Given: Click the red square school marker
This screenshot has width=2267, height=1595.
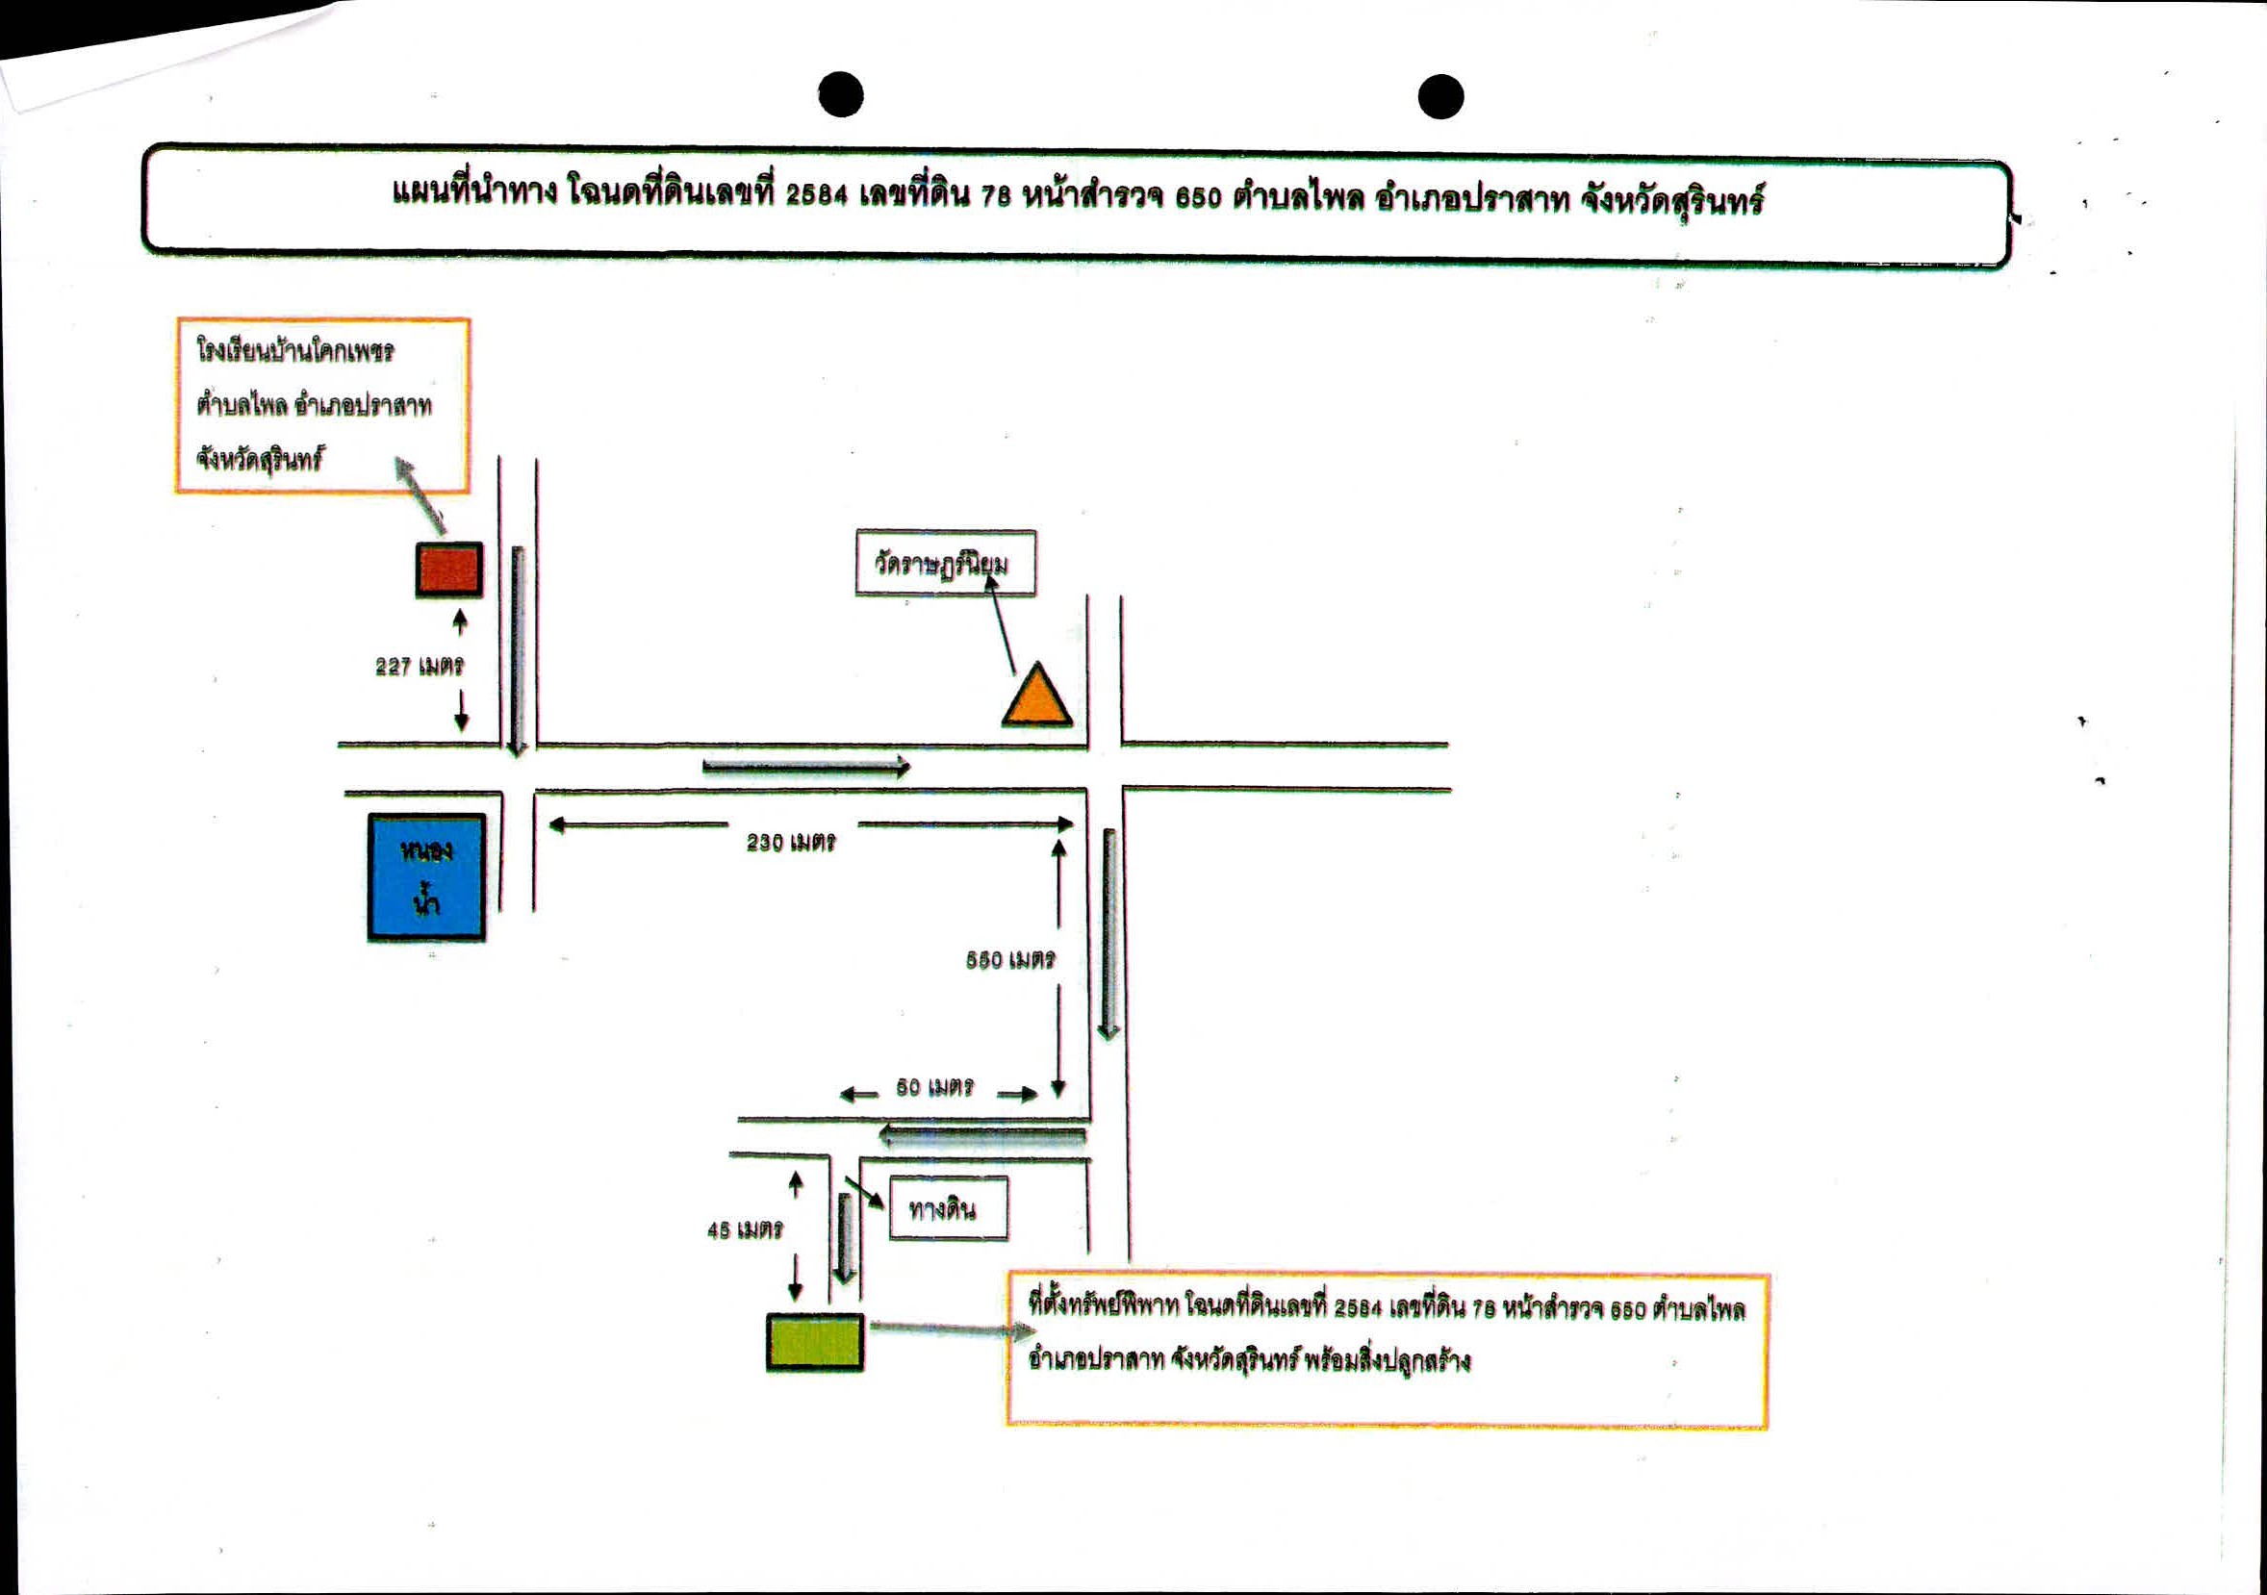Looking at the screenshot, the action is pos(449,570).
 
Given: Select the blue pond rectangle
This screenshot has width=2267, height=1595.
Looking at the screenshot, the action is pos(426,877).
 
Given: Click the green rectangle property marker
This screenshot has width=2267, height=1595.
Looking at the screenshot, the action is pos(816,1342).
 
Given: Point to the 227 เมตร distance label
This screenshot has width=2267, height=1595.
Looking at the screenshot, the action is pos(420,667).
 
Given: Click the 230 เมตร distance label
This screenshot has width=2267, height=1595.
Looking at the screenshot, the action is pos(791,842).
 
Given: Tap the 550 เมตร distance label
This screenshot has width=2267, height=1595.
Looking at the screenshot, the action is pos(1011,959).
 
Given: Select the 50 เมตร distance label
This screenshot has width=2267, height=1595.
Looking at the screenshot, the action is pos(935,1087).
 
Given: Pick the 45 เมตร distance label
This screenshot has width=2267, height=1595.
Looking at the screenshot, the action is pos(746,1229).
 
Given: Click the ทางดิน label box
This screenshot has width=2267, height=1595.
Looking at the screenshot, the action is pos(949,1208).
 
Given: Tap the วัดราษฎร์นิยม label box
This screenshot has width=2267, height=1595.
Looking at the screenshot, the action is pos(946,564).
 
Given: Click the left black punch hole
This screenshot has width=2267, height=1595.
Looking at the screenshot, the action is pos(841,94).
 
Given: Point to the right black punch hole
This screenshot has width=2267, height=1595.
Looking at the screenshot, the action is pos(1440,97).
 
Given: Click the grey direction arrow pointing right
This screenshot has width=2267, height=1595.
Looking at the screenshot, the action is pos(805,767).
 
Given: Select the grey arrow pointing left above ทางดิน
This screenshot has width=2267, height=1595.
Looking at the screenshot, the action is pos(982,1136).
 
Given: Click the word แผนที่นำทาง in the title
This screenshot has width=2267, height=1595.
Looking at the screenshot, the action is pos(475,190).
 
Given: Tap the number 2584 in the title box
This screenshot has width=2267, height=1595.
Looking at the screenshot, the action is pos(817,194).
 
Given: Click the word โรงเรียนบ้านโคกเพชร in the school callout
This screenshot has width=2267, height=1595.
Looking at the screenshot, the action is pos(295,350).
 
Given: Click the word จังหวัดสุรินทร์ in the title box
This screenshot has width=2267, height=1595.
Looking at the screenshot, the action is pos(1671,201).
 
